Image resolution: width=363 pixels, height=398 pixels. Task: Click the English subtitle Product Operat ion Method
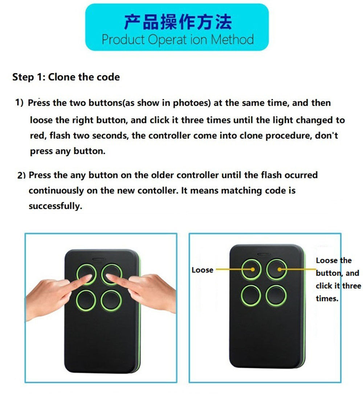pos(177,39)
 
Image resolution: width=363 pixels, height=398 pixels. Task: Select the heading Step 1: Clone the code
pos(66,77)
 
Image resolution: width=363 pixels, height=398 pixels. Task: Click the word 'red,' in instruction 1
pos(38,136)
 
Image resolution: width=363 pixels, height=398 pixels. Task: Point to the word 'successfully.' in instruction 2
pos(55,206)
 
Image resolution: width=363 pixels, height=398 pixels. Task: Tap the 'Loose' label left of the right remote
pos(202,270)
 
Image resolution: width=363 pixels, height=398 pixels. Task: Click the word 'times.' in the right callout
pos(327,299)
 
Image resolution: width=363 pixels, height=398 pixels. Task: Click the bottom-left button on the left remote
pos(86,301)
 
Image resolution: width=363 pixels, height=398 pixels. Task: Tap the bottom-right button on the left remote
pos(111,301)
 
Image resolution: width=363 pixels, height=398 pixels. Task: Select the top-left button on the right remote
pos(251,269)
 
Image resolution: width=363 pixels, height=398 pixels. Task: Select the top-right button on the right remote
pos(276,269)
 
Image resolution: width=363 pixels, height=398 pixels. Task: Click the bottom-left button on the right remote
pos(250,295)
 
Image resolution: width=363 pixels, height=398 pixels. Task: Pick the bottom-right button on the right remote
pos(276,295)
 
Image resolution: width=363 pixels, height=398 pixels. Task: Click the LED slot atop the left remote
pos(98,260)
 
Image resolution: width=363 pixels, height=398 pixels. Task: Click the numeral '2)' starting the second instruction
pos(22,176)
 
